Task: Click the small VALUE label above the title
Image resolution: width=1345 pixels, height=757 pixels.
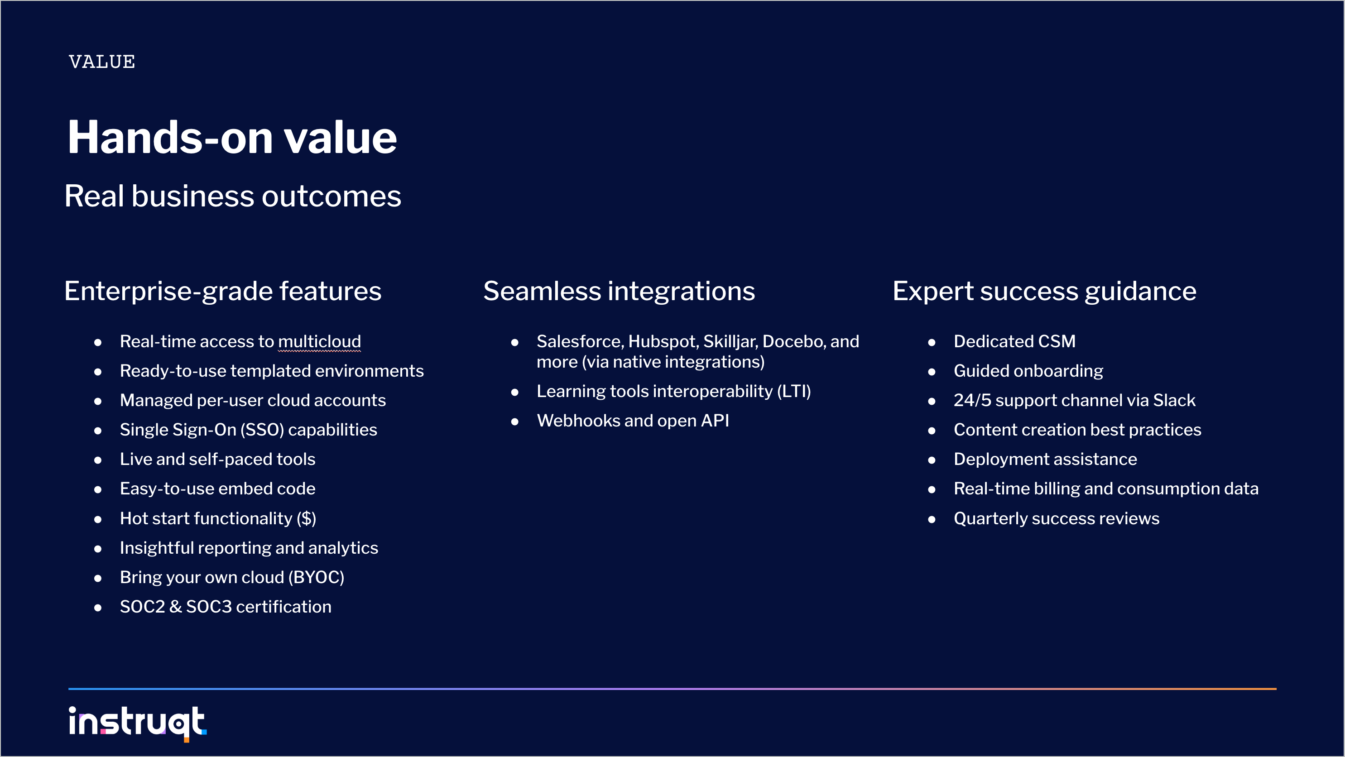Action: click(x=102, y=62)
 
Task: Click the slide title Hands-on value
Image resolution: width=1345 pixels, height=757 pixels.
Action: click(x=232, y=137)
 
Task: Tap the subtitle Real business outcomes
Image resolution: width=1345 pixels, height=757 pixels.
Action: click(x=233, y=196)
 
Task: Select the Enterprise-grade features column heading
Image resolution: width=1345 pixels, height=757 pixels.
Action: click(x=223, y=291)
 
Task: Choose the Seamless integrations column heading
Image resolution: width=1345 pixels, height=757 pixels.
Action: click(x=619, y=291)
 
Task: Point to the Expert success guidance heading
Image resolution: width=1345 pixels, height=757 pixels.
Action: click(x=1044, y=291)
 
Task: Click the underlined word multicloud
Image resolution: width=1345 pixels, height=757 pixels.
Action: click(x=320, y=341)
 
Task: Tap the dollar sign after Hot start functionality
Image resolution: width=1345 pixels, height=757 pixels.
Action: click(x=307, y=518)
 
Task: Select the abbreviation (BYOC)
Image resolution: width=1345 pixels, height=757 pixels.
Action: click(x=316, y=577)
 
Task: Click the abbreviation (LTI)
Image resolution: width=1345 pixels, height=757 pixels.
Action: click(x=793, y=392)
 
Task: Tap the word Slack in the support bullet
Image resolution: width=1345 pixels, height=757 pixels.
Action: click(x=1174, y=400)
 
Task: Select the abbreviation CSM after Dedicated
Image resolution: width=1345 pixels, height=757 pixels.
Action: click(x=1057, y=341)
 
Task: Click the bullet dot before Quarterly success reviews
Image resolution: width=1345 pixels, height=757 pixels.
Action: click(x=932, y=519)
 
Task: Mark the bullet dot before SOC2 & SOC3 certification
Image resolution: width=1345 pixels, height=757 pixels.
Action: click(x=98, y=608)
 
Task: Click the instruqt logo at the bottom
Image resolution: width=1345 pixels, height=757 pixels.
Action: click(x=138, y=723)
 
